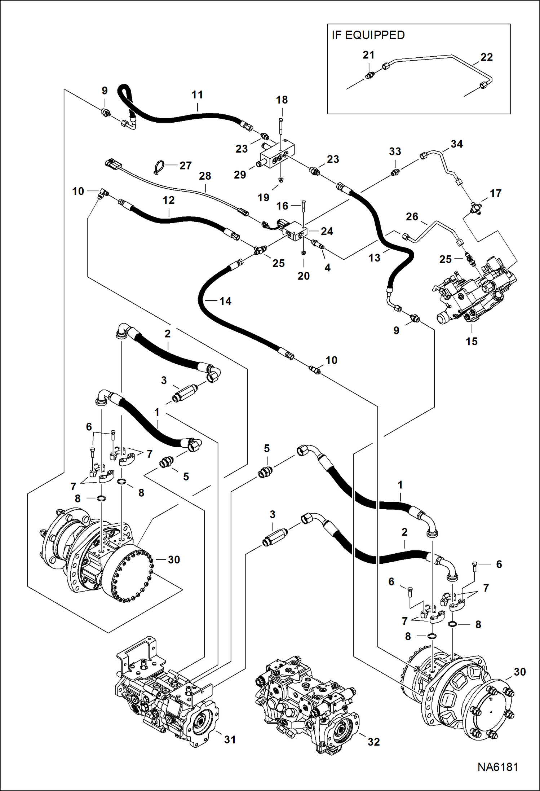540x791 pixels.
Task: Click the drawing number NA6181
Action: pos(497,767)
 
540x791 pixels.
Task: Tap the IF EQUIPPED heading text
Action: pos(368,35)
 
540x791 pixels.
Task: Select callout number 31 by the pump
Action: pos(230,739)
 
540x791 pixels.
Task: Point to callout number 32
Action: pos(373,742)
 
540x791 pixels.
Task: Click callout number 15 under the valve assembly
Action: pos(471,341)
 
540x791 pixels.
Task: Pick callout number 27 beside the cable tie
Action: pos(185,166)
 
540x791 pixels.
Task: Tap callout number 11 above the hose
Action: pos(197,95)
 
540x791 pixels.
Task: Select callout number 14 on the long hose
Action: pos(225,301)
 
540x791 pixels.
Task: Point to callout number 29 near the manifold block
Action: pos(240,175)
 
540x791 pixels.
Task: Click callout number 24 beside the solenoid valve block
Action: pos(327,231)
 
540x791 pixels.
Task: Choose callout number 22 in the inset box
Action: pos(486,57)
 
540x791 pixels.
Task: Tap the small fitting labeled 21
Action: pos(369,75)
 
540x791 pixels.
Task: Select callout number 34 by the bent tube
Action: pos(456,144)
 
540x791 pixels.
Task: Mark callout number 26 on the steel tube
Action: pos(412,216)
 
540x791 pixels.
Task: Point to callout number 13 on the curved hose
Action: pos(374,258)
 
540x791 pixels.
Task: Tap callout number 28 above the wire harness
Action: pos(205,176)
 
